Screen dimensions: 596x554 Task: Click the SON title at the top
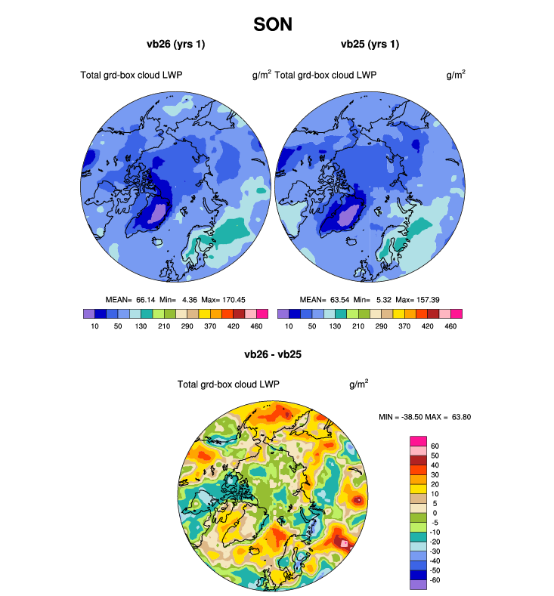point(273,24)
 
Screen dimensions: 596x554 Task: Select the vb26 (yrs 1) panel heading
point(175,44)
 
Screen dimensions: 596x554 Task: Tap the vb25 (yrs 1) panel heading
point(370,44)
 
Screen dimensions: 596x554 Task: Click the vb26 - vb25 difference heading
point(272,354)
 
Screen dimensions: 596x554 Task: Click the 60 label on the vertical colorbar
point(435,446)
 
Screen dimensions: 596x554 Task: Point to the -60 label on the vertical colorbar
point(437,580)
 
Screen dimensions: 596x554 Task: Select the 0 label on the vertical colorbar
point(433,513)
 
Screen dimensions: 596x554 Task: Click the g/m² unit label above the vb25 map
point(455,75)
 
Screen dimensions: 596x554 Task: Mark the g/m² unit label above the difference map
point(359,384)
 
